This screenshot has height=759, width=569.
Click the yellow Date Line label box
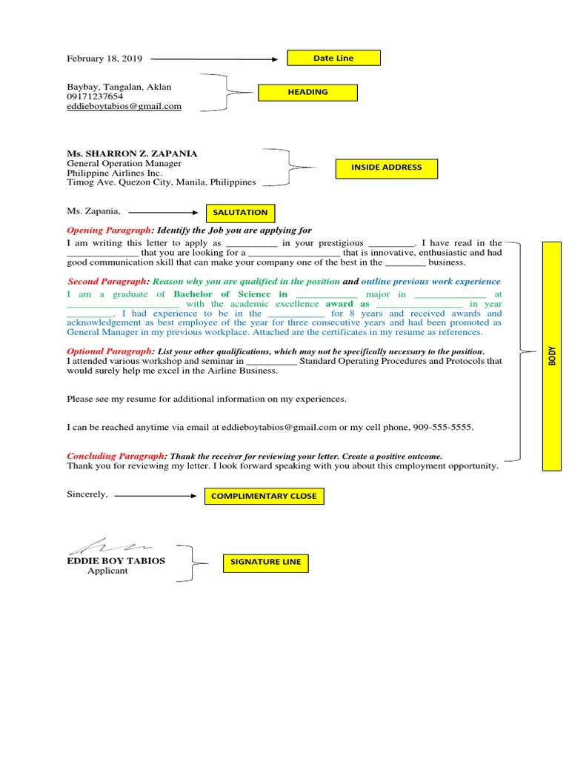[333, 58]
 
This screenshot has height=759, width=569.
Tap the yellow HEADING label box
[307, 93]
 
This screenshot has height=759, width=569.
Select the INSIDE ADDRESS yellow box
[386, 168]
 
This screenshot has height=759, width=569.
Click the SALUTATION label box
[239, 213]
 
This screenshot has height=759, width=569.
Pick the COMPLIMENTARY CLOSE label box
[264, 497]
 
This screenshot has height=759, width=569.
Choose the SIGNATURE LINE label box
[265, 563]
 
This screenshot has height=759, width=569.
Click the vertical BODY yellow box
[552, 356]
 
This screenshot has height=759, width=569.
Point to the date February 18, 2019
[104, 59]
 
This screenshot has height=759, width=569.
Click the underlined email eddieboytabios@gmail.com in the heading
[124, 107]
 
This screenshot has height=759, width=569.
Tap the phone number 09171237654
[95, 96]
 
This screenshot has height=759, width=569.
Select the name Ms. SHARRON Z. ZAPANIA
[132, 153]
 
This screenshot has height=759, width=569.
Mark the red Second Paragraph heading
[108, 282]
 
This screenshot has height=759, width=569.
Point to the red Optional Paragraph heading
[110, 351]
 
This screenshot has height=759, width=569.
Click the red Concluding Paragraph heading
[116, 457]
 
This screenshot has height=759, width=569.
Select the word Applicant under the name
[107, 571]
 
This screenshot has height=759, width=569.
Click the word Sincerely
[87, 494]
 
